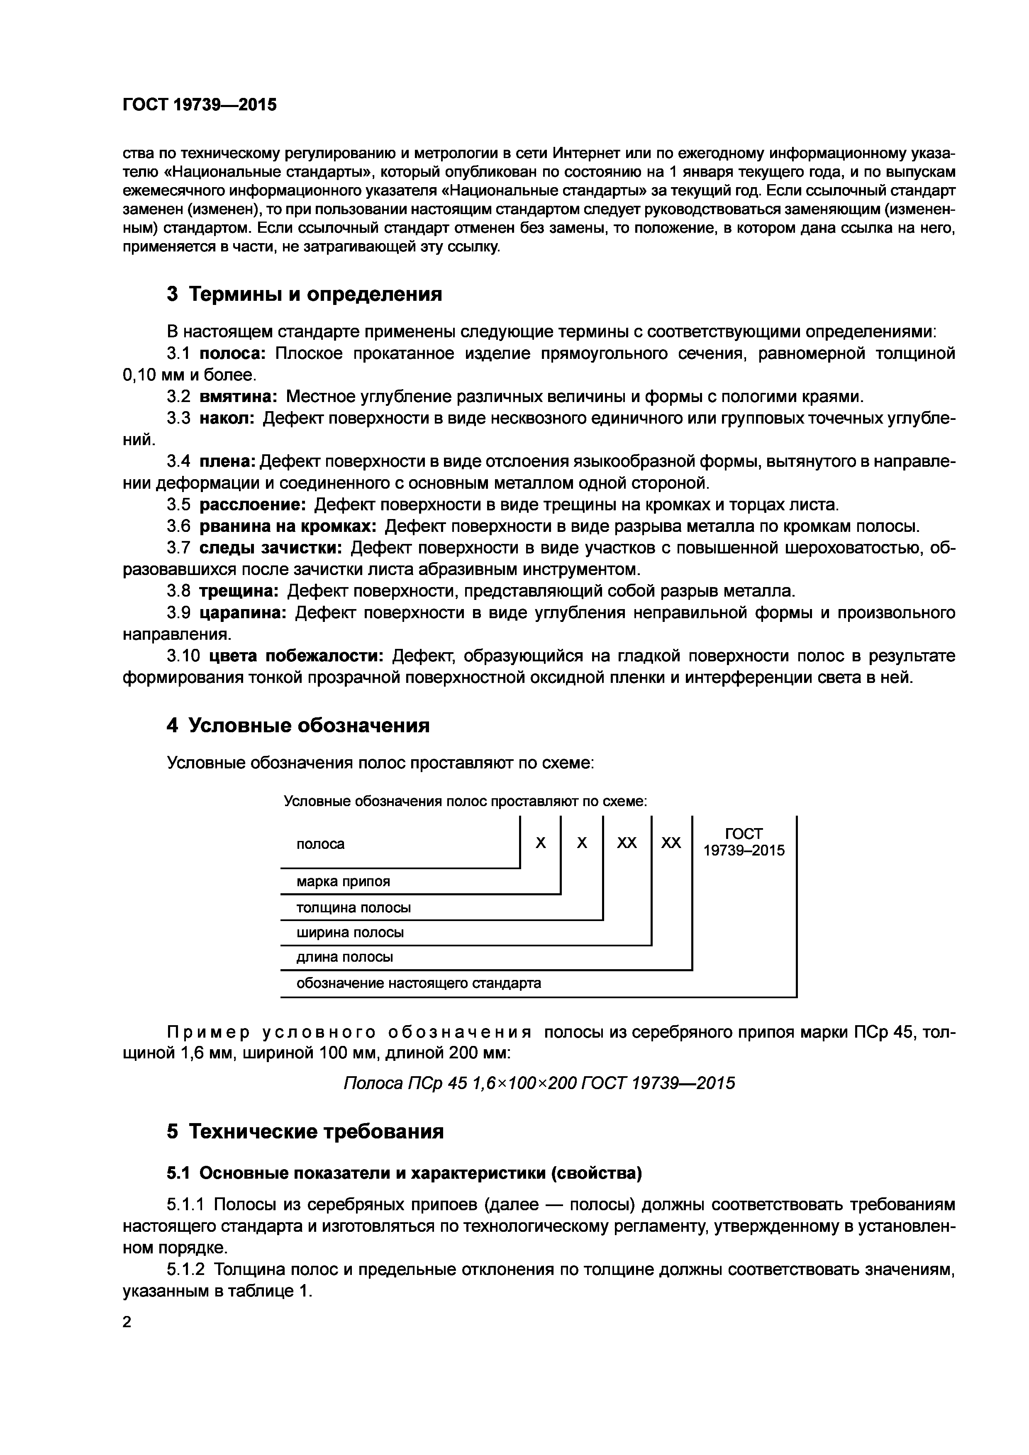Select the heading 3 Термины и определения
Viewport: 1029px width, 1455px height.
pos(304,294)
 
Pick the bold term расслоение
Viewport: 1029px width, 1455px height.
pos(253,505)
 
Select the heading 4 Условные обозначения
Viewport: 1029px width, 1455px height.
pos(298,726)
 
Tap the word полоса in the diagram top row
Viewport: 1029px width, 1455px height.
pos(321,844)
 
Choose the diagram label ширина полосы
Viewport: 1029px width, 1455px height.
pos(350,933)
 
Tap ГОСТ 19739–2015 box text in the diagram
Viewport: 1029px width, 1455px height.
pos(744,842)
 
